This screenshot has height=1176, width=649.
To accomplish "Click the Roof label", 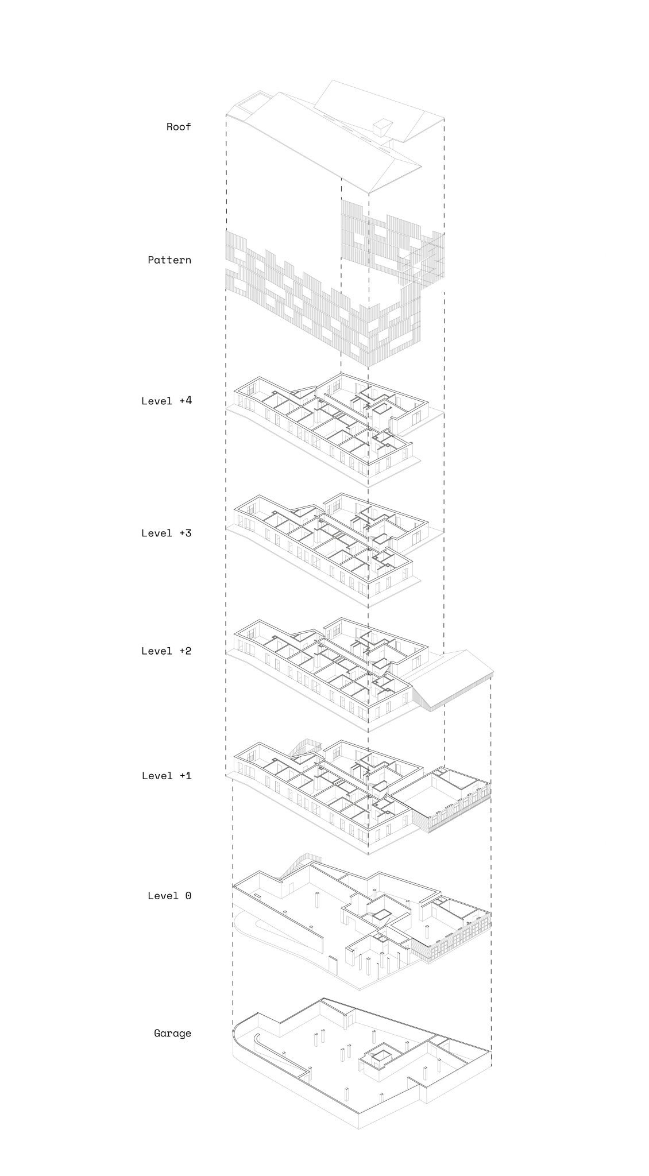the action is [179, 127].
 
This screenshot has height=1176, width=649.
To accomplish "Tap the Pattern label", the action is [169, 260].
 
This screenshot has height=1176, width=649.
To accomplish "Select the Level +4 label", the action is [167, 401].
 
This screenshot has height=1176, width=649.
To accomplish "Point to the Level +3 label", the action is [167, 533].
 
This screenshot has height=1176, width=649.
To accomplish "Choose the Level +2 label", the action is [167, 651].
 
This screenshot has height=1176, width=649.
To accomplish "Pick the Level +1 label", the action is [167, 776].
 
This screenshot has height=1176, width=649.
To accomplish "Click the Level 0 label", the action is [169, 896].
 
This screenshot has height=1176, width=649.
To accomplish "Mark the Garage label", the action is [172, 1034].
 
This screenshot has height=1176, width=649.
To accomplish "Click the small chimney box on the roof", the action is [381, 127].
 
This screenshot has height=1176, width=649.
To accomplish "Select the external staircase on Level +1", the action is [305, 749].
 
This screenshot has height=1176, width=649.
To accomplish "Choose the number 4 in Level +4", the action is [188, 401].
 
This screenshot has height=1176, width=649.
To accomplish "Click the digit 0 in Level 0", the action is [188, 896].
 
